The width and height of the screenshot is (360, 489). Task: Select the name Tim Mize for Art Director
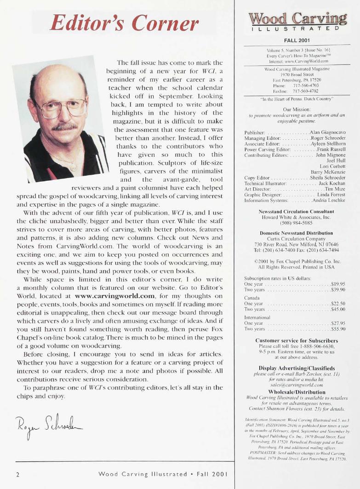point(335,189)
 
